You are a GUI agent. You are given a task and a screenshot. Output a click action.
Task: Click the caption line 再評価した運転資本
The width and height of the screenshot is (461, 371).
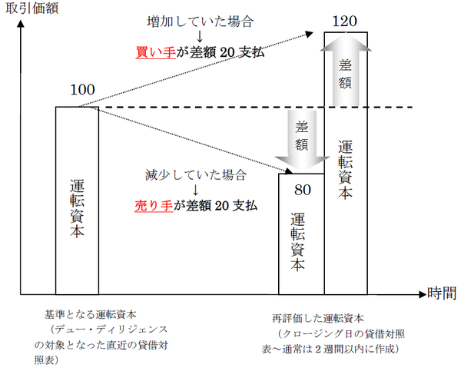317,316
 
